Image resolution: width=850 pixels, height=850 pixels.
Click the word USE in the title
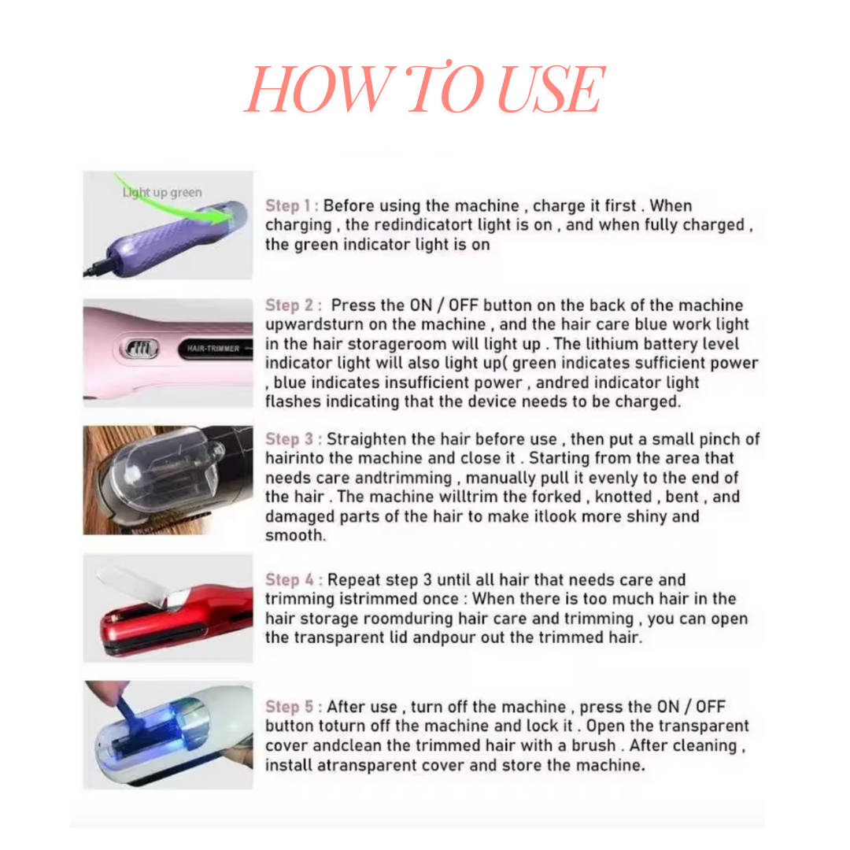[x=551, y=89]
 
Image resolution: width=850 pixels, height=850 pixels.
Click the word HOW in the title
[x=319, y=89]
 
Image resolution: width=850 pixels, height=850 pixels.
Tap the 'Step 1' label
[x=288, y=206]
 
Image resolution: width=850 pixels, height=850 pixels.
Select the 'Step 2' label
[x=290, y=305]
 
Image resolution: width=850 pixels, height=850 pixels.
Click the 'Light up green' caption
[x=162, y=193]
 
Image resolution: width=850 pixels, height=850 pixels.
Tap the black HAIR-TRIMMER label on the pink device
[x=213, y=349]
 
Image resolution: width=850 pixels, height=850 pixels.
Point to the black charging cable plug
[x=98, y=268]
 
